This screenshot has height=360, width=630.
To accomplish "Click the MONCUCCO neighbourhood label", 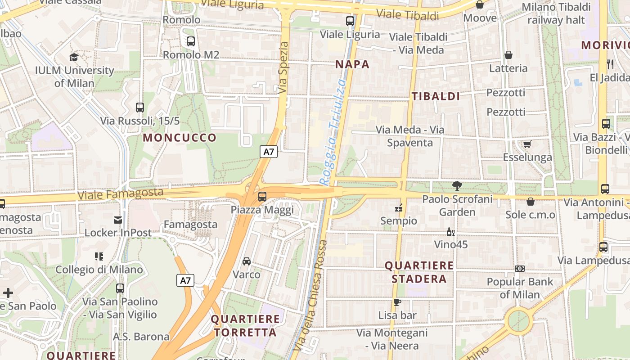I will [x=180, y=138].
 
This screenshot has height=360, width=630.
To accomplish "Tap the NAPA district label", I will [x=352, y=64].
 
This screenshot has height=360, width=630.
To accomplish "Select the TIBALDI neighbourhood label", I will [x=436, y=96].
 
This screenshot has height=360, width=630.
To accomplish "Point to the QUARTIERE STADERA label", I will [x=419, y=272].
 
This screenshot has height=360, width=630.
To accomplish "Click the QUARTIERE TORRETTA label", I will [x=245, y=326].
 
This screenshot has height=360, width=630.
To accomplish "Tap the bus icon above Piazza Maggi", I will [x=262, y=197].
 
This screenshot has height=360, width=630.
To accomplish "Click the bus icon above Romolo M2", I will [x=191, y=41].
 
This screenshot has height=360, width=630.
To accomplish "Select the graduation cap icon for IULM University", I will [x=74, y=57].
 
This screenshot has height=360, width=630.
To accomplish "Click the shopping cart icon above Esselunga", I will [x=527, y=144].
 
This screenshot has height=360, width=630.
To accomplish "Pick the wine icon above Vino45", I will [x=450, y=232].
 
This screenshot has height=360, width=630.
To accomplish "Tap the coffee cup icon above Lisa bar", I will [x=397, y=302].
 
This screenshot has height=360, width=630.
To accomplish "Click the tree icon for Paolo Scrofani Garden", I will [x=457, y=185].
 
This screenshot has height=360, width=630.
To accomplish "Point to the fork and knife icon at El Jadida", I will [x=610, y=64].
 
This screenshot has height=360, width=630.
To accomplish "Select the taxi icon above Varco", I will [x=246, y=261].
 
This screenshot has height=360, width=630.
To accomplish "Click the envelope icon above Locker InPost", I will [x=118, y=220].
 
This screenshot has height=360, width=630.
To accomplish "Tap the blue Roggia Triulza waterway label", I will [x=333, y=131].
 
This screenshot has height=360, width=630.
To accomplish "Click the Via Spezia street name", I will [x=283, y=68].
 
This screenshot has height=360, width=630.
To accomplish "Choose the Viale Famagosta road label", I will [x=120, y=194].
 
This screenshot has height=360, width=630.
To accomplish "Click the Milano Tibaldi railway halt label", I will [x=556, y=13].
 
